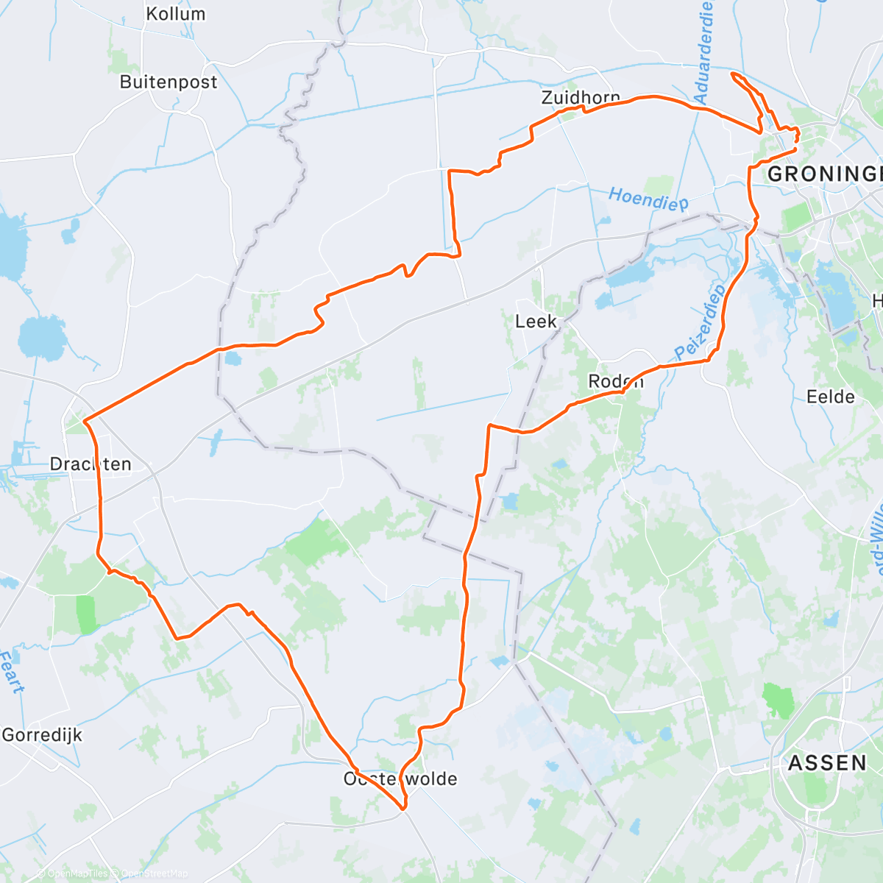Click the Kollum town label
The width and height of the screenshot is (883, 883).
coord(175,14)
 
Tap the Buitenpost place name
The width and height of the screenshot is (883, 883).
coord(169,82)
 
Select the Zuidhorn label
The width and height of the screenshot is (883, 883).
coord(580,97)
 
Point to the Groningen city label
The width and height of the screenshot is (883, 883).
coord(824,174)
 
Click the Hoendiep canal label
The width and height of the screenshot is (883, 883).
coord(648,199)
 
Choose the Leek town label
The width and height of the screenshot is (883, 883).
coord(536,322)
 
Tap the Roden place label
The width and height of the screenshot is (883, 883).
coord(616,381)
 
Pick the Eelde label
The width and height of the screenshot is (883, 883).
coord(831,397)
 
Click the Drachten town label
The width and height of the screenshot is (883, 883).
coord(91,464)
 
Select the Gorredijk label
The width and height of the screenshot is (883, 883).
coord(42,734)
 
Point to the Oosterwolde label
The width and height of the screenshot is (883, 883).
coord(400,779)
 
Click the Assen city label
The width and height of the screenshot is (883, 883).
coord(828,763)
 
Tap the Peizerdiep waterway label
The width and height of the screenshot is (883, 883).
coord(701,321)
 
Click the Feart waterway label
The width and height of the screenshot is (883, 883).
coord(12,671)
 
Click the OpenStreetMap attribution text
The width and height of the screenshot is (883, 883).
coord(155,873)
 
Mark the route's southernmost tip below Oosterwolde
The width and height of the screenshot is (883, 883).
coord(404,809)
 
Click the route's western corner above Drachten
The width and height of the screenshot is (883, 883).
coord(85,422)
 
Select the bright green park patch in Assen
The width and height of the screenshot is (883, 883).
coord(779,700)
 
